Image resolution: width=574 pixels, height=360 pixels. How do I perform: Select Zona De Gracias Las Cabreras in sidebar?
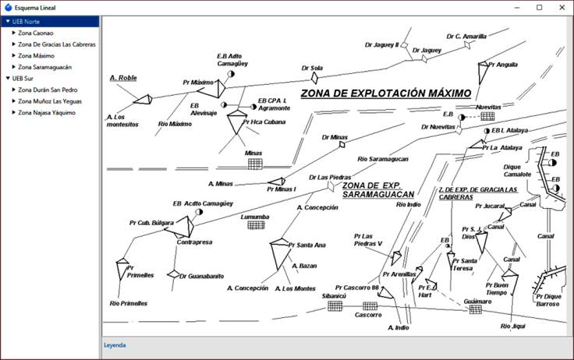[57, 44]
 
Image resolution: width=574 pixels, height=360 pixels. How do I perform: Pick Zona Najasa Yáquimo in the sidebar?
[47, 112]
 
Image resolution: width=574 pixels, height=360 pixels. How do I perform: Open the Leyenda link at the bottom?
[115, 344]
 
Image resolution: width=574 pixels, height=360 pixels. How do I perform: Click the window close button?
[559, 7]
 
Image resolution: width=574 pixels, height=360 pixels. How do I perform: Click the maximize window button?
[539, 7]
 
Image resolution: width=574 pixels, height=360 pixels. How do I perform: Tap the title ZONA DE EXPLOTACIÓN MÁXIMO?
[386, 94]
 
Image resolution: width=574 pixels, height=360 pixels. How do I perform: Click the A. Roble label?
[123, 78]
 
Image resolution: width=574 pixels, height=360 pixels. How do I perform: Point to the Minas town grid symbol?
[254, 164]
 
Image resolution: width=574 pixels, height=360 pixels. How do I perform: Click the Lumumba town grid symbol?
[255, 225]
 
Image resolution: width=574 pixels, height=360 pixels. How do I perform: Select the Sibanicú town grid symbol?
[335, 306]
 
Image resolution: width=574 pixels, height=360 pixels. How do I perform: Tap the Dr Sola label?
[312, 68]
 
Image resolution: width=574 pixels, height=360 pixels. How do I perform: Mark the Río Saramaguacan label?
[383, 160]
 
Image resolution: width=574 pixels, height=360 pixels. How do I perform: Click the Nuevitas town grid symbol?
[487, 116]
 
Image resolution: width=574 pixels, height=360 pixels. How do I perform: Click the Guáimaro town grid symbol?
[475, 310]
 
